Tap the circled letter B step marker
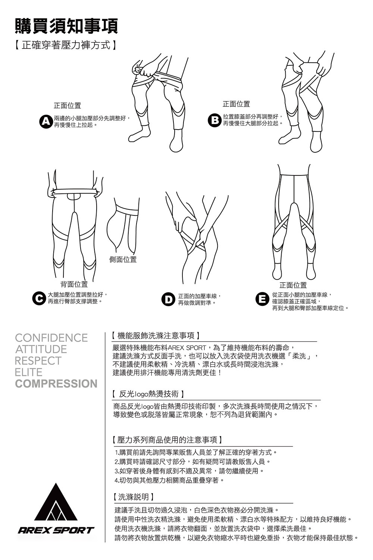[214, 120]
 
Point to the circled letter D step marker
[169, 299]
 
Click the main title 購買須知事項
[66, 26]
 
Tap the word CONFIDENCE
[51, 337]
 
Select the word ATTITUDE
[41, 349]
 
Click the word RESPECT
[38, 361]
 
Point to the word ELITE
[29, 372]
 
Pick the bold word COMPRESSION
[56, 384]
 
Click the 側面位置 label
[123, 259]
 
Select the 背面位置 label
[74, 284]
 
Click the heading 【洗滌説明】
[133, 497]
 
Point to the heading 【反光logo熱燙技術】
[148, 394]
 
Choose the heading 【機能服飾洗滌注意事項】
[156, 336]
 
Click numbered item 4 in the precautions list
[169, 480]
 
